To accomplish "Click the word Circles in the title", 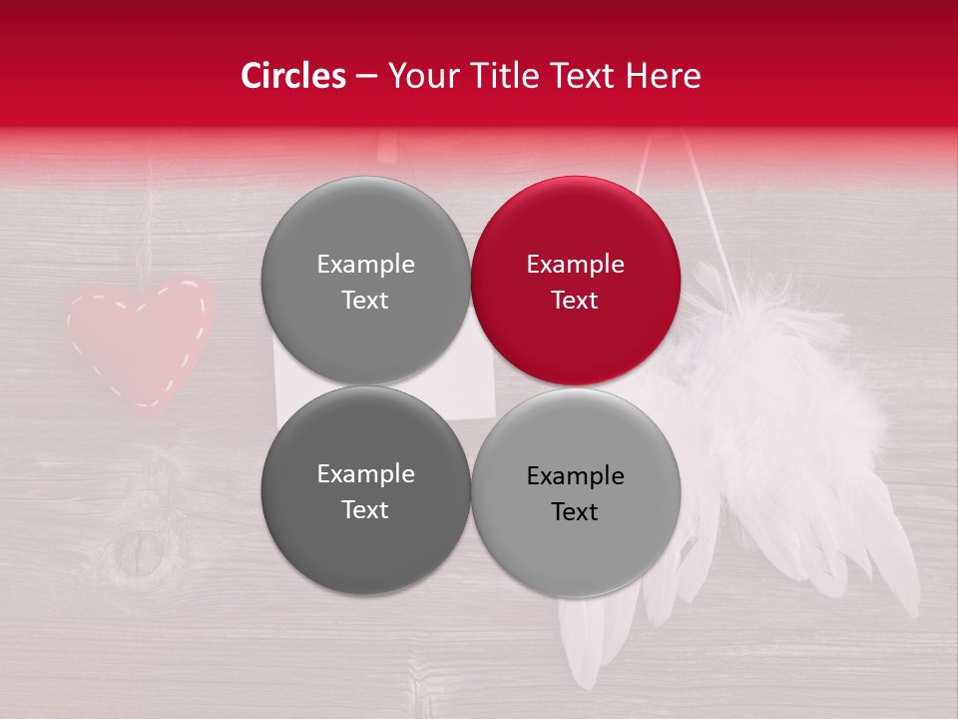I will (x=293, y=76).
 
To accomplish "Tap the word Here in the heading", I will (x=663, y=76).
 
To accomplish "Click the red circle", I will (x=576, y=281).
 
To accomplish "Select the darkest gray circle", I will (x=365, y=490).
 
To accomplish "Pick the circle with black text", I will (x=576, y=492).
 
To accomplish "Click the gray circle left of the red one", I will (x=365, y=281).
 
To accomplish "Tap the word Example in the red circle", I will (x=575, y=264).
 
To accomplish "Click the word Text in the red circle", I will (x=575, y=300).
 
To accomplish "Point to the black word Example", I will (x=575, y=475).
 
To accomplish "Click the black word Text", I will (x=575, y=511).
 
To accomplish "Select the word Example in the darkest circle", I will (x=365, y=473).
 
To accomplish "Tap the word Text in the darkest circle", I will (x=365, y=509).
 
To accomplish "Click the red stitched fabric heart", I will (x=140, y=340).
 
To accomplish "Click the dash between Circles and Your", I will (x=366, y=77).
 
